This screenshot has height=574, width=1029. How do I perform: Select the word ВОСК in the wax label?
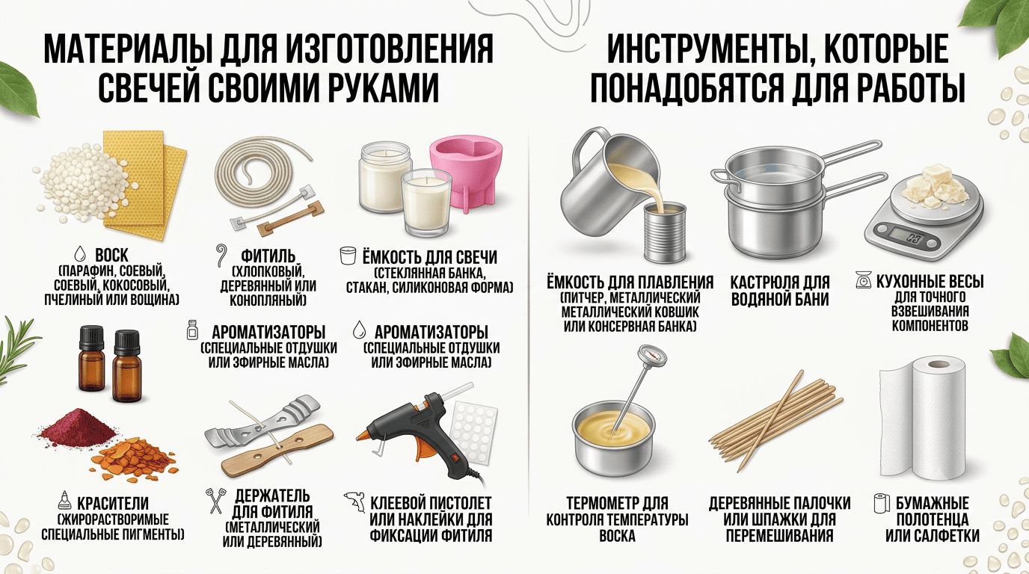(111, 255)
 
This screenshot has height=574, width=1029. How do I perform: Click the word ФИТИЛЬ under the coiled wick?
(268, 256)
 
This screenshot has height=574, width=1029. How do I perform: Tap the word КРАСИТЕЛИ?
(112, 503)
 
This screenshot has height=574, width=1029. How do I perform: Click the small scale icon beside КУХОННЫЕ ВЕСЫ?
(864, 280)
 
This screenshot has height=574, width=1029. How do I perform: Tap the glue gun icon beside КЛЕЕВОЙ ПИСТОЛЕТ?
(354, 502)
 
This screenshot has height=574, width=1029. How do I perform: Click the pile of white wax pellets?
(85, 182)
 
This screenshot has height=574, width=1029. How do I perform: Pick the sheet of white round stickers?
(473, 433)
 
